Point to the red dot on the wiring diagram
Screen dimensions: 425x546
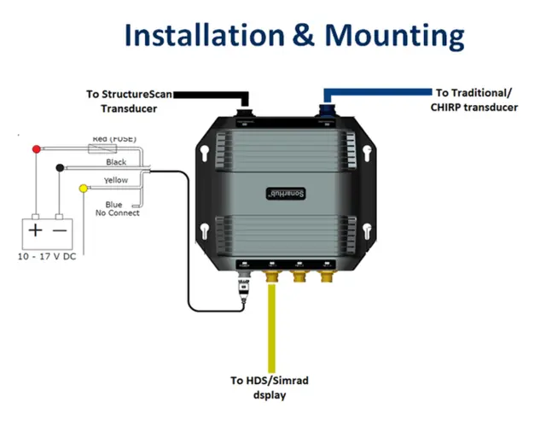(x=36, y=149)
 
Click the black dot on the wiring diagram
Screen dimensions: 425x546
(x=59, y=168)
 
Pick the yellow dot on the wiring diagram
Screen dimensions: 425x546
(x=83, y=188)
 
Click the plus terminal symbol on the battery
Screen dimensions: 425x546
(x=35, y=230)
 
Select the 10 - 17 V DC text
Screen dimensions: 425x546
(x=47, y=257)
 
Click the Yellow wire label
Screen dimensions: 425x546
(x=116, y=181)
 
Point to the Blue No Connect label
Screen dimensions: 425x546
(x=117, y=208)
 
